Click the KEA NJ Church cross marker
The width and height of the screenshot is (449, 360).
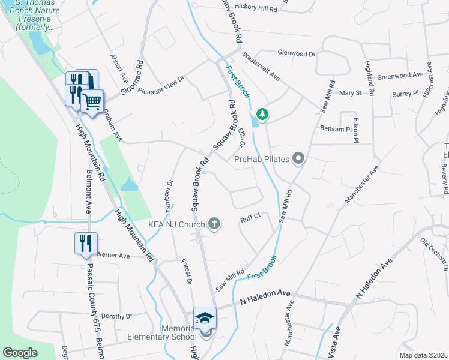tap(214, 224)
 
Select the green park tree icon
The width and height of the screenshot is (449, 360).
tap(262, 113)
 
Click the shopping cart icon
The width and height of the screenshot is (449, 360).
tap(92, 101)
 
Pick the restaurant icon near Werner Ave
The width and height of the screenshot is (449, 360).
tap(85, 242)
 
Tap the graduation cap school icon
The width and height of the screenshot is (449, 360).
tap(205, 317)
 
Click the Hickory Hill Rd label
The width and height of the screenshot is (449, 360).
tap(256, 10)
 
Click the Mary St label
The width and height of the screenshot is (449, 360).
tap(350, 93)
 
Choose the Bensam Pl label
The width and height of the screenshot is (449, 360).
tap(336, 129)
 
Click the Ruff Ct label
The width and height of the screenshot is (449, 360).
tap(249, 219)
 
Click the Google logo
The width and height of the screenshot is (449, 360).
tap(20, 353)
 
